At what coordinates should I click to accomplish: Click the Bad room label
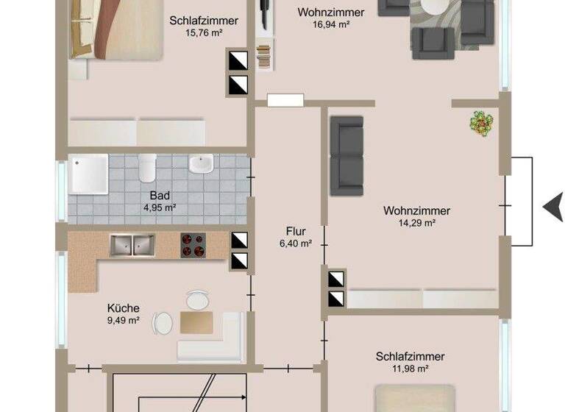[x=160, y=196]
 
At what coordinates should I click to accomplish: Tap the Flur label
[x=296, y=231]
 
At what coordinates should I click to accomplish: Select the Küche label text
[x=123, y=308]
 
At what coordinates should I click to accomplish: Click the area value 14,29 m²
[x=416, y=223]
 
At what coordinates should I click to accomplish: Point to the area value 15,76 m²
[x=203, y=33]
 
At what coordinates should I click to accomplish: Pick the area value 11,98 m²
[x=410, y=369]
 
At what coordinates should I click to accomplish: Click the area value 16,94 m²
[x=330, y=24]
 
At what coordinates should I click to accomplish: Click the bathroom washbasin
[x=200, y=163]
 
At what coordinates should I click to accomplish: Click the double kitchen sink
[x=132, y=245]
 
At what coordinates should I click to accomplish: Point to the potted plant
[x=481, y=122]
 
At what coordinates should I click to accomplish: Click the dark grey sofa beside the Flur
[x=346, y=155]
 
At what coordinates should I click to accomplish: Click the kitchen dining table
[x=196, y=322]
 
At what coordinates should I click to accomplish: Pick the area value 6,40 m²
[x=296, y=244]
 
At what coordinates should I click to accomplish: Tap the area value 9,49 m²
[x=123, y=321]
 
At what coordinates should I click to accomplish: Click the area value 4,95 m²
[x=160, y=207]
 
